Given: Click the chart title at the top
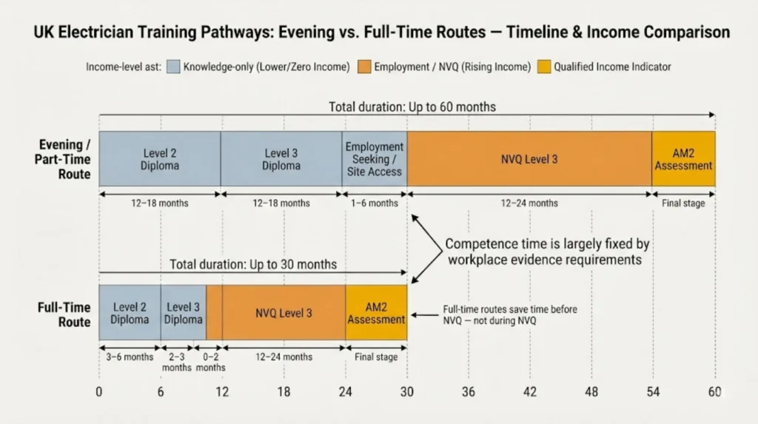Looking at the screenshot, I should pyautogui.click(x=379, y=33).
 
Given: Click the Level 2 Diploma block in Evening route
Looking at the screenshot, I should pyautogui.click(x=160, y=159).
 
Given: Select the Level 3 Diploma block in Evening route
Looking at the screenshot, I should pyautogui.click(x=281, y=159).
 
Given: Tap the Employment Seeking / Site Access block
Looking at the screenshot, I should pyautogui.click(x=374, y=159).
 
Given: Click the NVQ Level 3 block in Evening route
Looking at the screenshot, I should pyautogui.click(x=529, y=159).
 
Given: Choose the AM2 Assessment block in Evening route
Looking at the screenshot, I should pyautogui.click(x=683, y=159).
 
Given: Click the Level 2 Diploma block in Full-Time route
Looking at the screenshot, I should pyautogui.click(x=130, y=313).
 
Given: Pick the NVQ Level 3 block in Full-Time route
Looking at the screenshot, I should pyautogui.click(x=284, y=313).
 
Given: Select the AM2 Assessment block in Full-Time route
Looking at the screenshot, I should pyautogui.click(x=376, y=313).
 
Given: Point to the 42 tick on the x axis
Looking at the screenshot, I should pyautogui.click(x=529, y=392).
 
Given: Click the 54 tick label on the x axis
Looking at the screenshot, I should pyautogui.click(x=653, y=392).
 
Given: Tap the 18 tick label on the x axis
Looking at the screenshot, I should pyautogui.click(x=284, y=392).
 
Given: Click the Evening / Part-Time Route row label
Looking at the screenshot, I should pyautogui.click(x=64, y=159).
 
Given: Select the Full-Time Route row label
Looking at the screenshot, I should pyautogui.click(x=64, y=314).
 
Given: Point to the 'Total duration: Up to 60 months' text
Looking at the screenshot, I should pyautogui.click(x=412, y=107).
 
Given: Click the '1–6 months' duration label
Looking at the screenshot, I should pyautogui.click(x=374, y=203).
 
